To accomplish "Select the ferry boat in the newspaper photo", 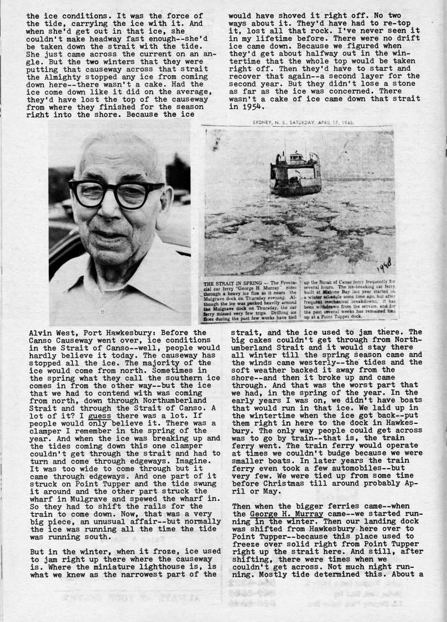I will point(295,172).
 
